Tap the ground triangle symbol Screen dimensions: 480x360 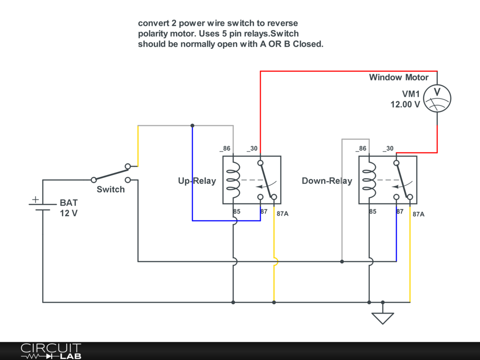(x=382, y=318)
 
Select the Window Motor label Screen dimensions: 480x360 (x=398, y=77)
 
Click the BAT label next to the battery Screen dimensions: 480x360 (x=68, y=202)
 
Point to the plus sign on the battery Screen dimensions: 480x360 (x=36, y=200)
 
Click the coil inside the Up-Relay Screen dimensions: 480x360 (x=233, y=180)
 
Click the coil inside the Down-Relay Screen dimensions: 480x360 (x=369, y=180)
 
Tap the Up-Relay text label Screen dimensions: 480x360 (x=197, y=181)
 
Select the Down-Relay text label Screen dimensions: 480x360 (x=327, y=181)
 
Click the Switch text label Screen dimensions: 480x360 (x=111, y=189)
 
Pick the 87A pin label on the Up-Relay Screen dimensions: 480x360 (x=283, y=214)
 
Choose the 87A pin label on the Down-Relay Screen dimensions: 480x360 (x=419, y=214)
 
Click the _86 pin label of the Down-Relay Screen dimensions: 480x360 (x=361, y=149)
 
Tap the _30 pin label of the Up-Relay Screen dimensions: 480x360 (x=252, y=149)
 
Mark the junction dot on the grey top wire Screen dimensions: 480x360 (x=192, y=126)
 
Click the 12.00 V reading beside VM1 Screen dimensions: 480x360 (x=405, y=105)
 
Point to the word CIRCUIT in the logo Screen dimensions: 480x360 (x=51, y=348)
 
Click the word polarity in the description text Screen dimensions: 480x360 (x=153, y=34)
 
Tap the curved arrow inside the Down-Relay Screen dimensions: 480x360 (x=403, y=185)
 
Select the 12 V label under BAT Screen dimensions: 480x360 (x=68, y=213)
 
